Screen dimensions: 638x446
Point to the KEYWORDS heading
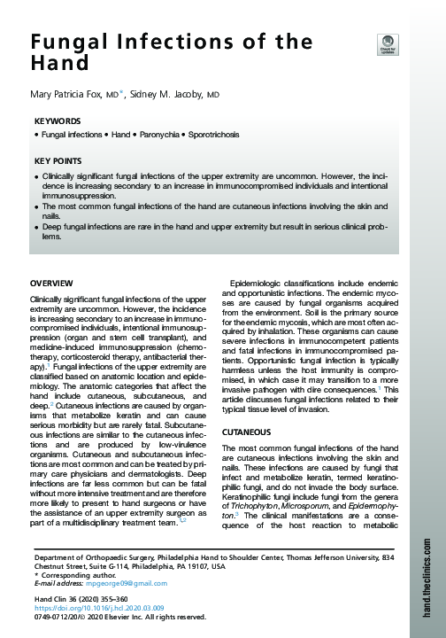[x=58, y=120]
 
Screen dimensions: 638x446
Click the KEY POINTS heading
[x=58, y=161]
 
